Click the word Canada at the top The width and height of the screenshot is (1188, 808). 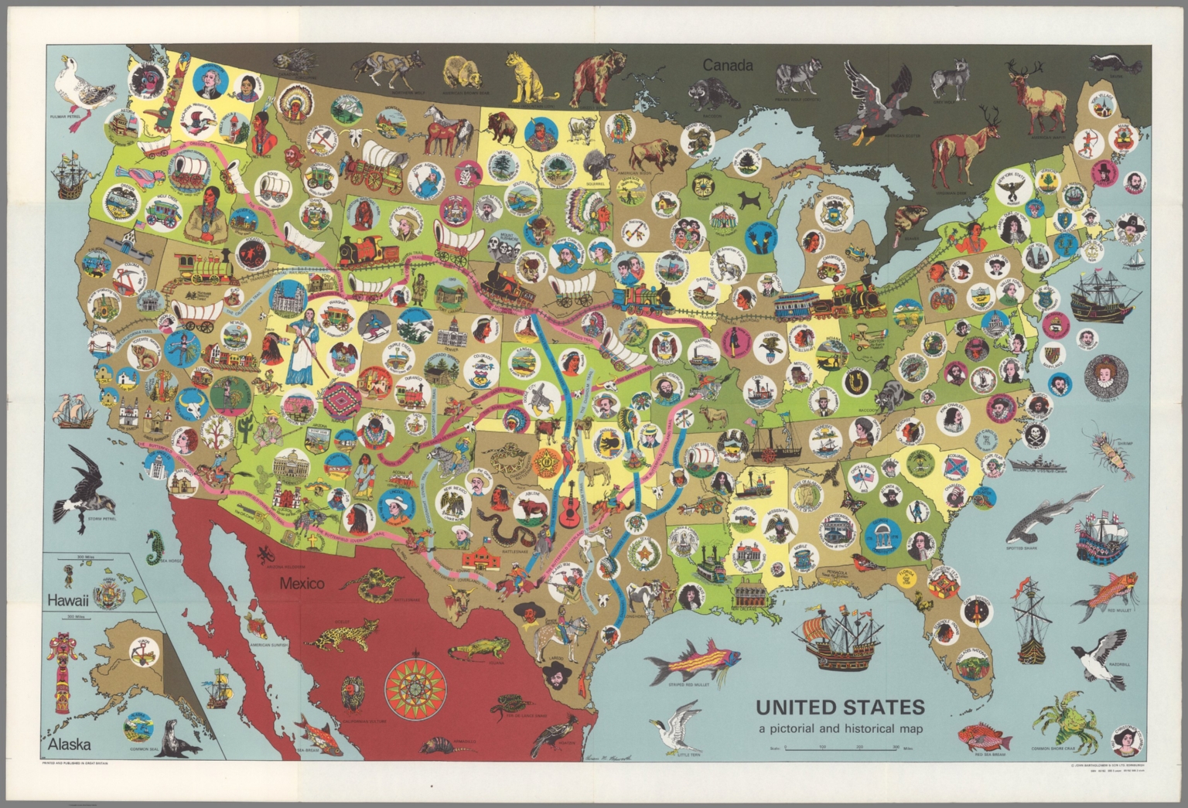(727, 66)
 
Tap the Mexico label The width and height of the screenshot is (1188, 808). (302, 583)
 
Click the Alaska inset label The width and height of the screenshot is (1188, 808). (69, 745)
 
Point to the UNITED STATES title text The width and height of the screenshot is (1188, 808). (839, 707)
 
